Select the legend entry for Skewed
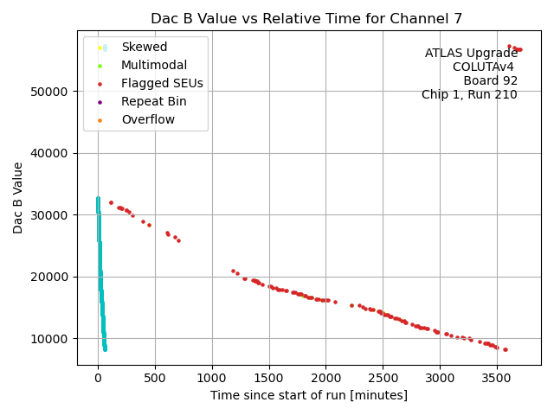coord(144,47)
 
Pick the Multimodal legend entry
coord(153,65)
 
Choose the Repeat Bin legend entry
coord(153,101)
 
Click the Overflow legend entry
coord(148,119)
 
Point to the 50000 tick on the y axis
coord(52,92)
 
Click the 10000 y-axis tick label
coord(52,338)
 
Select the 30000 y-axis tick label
coord(52,215)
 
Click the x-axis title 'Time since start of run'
coord(308,395)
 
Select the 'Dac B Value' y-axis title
coord(18,197)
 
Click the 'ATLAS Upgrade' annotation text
coord(471,54)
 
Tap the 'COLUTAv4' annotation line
coord(485,67)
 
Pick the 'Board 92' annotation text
coord(490,80)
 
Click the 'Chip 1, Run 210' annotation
coord(469,94)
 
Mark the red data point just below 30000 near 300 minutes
coord(132,215)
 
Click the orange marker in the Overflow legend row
coord(100,119)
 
